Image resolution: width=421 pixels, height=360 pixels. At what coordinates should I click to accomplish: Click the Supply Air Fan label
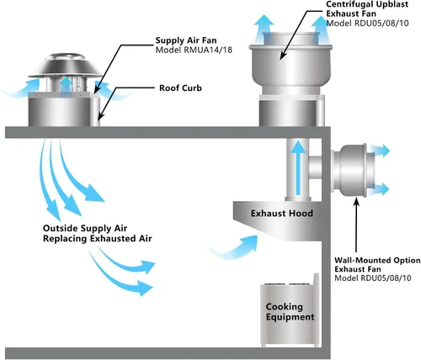186,40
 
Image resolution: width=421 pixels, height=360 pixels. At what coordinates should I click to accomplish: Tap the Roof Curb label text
180,88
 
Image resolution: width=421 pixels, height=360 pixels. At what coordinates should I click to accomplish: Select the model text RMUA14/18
208,50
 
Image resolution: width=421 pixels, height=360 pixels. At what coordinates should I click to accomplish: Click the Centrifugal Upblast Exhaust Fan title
367,9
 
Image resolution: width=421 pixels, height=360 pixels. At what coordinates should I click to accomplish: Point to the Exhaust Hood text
282,214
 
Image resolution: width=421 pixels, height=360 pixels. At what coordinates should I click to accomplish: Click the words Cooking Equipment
290,312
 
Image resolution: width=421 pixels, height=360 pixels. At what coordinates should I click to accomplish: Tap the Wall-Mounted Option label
377,261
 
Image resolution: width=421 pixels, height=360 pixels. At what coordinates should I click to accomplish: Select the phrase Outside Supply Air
85,229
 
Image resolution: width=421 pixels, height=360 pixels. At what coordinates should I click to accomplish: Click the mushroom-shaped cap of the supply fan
66,66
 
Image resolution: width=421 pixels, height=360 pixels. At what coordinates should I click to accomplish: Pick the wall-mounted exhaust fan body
352,170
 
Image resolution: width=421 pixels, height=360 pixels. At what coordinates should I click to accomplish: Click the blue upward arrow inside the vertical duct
298,167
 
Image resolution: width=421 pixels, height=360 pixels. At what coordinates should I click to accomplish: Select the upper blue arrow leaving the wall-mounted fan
379,151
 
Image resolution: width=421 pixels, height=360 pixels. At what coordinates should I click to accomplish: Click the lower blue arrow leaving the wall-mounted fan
379,189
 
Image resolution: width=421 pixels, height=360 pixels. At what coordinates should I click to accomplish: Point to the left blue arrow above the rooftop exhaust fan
264,28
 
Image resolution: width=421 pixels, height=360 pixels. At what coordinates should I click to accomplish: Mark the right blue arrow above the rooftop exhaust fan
321,29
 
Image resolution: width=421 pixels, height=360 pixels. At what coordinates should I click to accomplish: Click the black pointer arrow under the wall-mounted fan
356,225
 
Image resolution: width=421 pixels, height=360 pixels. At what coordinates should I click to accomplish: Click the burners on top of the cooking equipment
288,284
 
